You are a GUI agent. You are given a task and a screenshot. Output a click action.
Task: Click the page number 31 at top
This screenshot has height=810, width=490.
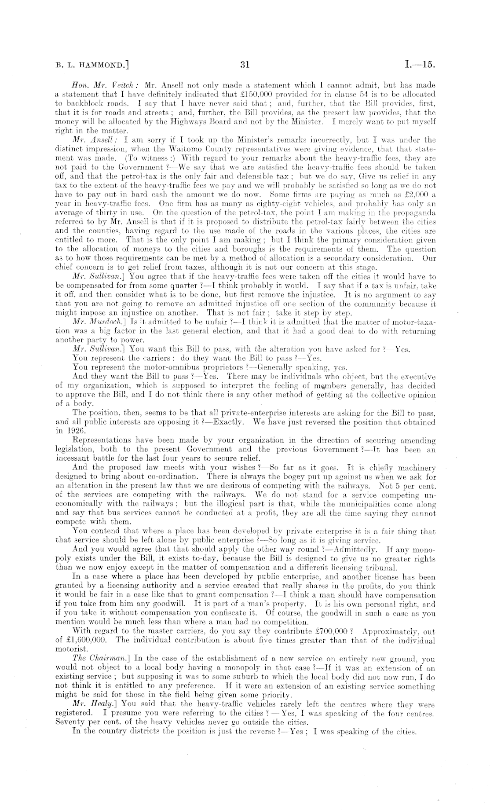point(245,65)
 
